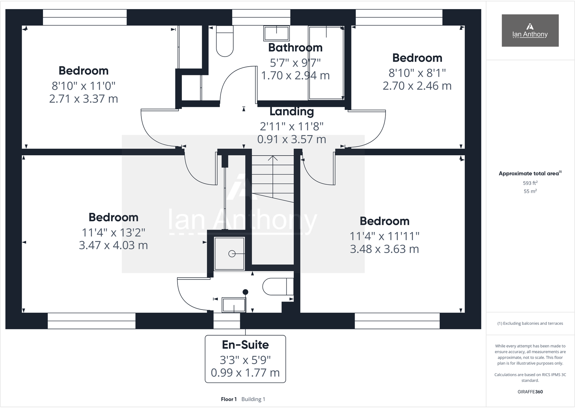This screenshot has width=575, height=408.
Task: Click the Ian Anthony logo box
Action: coord(530,30)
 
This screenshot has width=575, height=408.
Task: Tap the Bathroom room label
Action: coord(295,47)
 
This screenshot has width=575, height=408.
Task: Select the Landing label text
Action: coord(291,112)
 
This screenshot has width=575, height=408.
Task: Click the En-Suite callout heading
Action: coord(245,345)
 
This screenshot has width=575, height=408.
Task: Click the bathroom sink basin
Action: coord(276,33)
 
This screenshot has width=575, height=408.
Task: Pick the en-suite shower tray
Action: coord(229,253)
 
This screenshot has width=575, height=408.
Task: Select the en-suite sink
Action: coord(234,305)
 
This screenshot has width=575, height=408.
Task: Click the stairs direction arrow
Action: coord(273,159)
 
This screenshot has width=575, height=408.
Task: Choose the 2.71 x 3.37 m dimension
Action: coord(84,98)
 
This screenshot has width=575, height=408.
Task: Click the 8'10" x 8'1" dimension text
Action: coord(417,73)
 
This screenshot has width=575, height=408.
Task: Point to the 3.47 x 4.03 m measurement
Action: coord(113,245)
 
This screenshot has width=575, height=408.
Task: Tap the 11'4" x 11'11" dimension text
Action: coord(384,236)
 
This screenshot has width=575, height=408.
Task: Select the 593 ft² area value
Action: coord(530,183)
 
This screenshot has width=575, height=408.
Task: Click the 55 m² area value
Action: coord(530,191)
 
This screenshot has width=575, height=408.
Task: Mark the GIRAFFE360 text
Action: coord(530,392)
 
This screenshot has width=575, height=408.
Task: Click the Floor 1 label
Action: coord(229,399)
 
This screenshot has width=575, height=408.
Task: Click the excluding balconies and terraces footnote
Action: coord(530,323)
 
